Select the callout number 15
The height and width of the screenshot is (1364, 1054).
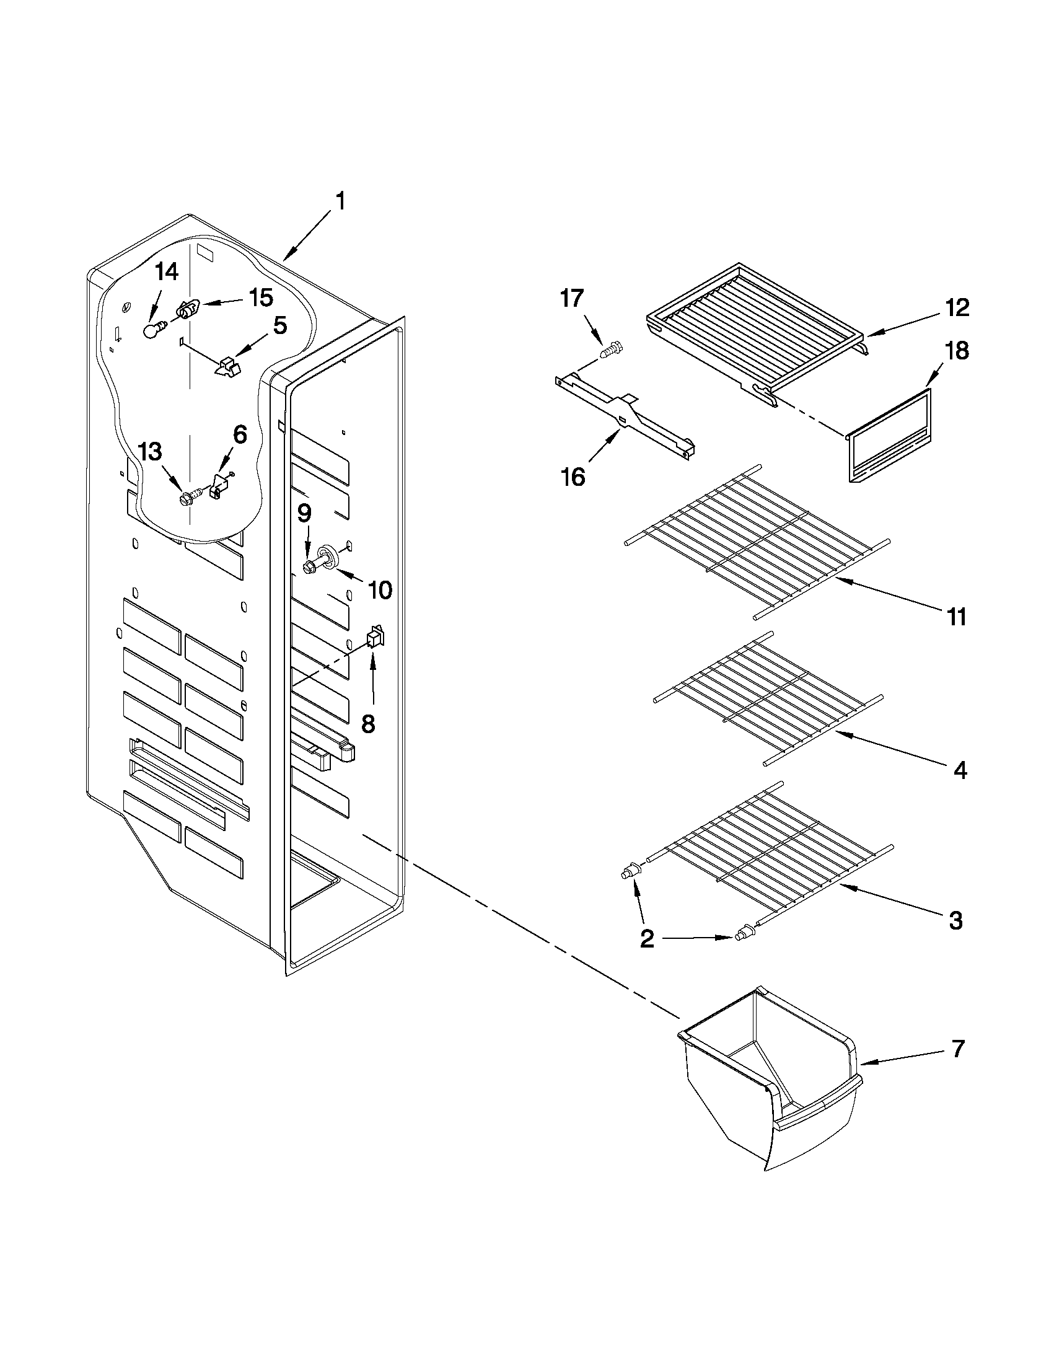click(x=261, y=298)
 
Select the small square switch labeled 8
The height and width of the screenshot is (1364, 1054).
click(x=375, y=636)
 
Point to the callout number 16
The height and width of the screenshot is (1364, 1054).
click(x=573, y=477)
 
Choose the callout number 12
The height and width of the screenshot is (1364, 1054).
click(x=957, y=307)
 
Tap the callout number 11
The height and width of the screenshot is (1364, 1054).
click(x=956, y=617)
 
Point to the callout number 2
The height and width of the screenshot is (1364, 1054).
click(x=647, y=956)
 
